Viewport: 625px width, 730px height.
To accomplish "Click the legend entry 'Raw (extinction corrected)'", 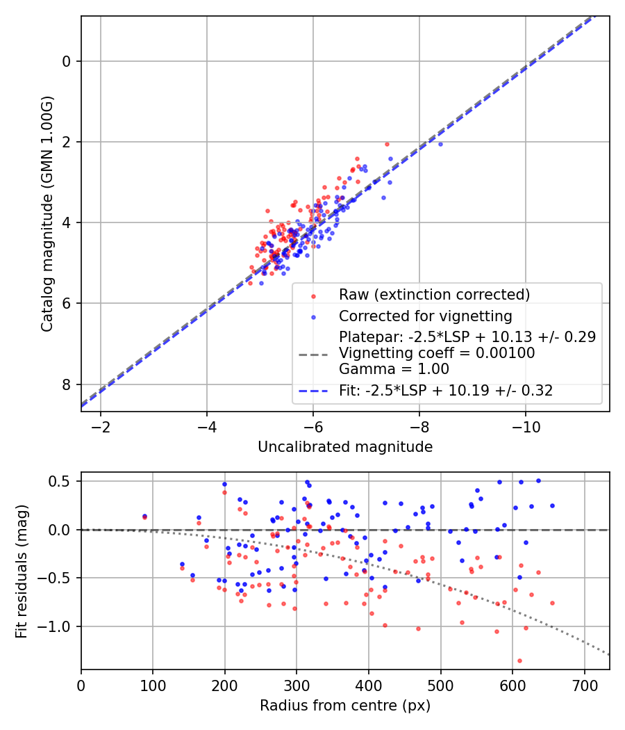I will coord(434,294).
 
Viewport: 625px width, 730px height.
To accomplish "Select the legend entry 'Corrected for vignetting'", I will coord(425,316).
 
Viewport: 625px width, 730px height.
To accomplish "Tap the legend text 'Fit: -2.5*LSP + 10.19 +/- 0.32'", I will coord(446,391).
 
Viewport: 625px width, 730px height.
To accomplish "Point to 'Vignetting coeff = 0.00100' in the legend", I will coord(437,353).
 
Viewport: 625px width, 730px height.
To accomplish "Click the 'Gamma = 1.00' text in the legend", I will coord(394,369).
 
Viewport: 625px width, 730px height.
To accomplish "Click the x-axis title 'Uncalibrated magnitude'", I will coord(345,447).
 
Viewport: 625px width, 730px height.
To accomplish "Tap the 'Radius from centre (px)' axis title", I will coord(345,706).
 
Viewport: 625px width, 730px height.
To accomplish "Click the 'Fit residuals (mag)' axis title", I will coord(21,570).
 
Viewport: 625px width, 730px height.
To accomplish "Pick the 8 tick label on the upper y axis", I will coord(67,384).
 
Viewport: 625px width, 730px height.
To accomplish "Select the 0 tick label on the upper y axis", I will coord(67,61).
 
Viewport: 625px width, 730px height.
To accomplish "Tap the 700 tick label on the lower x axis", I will coord(584,684).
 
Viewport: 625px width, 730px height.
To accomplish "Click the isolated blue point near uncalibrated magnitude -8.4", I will coord(440,144).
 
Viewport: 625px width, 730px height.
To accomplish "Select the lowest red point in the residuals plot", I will coord(519,660).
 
